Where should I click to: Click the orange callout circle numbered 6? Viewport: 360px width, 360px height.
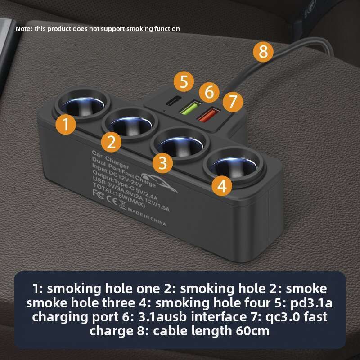pyautogui.click(x=209, y=93)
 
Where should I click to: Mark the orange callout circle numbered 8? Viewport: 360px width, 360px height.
pyautogui.click(x=263, y=52)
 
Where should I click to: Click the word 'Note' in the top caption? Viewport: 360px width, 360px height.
pyautogui.click(x=23, y=29)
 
